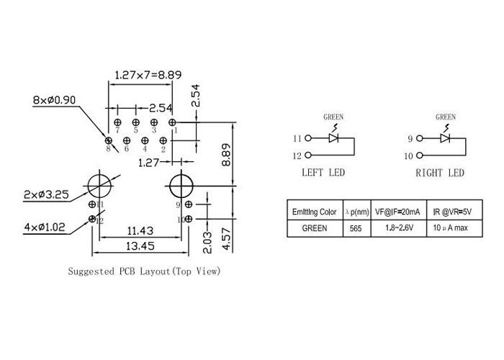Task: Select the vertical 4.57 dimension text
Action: click(x=225, y=238)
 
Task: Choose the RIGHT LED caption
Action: click(x=439, y=173)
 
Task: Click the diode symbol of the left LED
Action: click(x=333, y=138)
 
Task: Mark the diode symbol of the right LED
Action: click(x=446, y=138)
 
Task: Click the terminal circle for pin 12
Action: click(x=308, y=155)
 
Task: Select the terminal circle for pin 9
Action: click(x=420, y=138)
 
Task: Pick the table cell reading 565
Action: click(x=356, y=228)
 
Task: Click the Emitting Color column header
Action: click(x=314, y=212)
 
